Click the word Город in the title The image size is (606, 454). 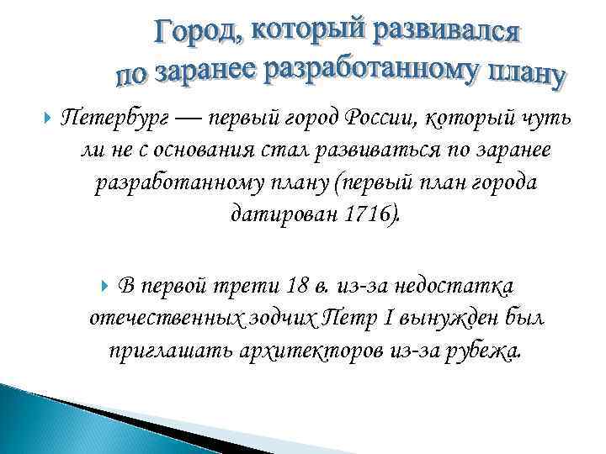(196, 34)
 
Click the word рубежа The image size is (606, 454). (479, 349)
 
